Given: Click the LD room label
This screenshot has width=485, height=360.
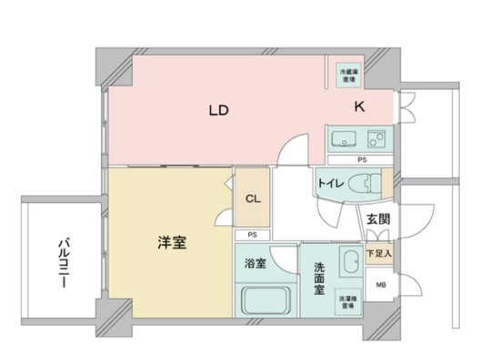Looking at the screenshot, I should click(217, 111).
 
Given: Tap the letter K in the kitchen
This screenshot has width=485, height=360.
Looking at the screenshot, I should click(359, 107).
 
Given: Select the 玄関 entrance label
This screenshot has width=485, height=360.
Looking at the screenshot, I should click(379, 219).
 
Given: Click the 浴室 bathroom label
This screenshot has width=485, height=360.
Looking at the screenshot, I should click(255, 264).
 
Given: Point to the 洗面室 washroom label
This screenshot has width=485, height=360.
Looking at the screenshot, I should click(320, 278).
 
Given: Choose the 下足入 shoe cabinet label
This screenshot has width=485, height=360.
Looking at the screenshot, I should click(379, 255).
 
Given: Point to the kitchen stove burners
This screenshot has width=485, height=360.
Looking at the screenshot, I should click(377, 141).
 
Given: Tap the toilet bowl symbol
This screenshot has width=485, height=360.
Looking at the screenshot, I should click(365, 183).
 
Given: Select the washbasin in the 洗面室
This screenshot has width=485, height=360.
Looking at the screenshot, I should click(348, 265).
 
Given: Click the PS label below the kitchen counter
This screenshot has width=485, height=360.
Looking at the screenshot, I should click(361, 160).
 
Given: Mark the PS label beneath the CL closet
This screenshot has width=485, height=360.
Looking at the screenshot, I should click(251, 235).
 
